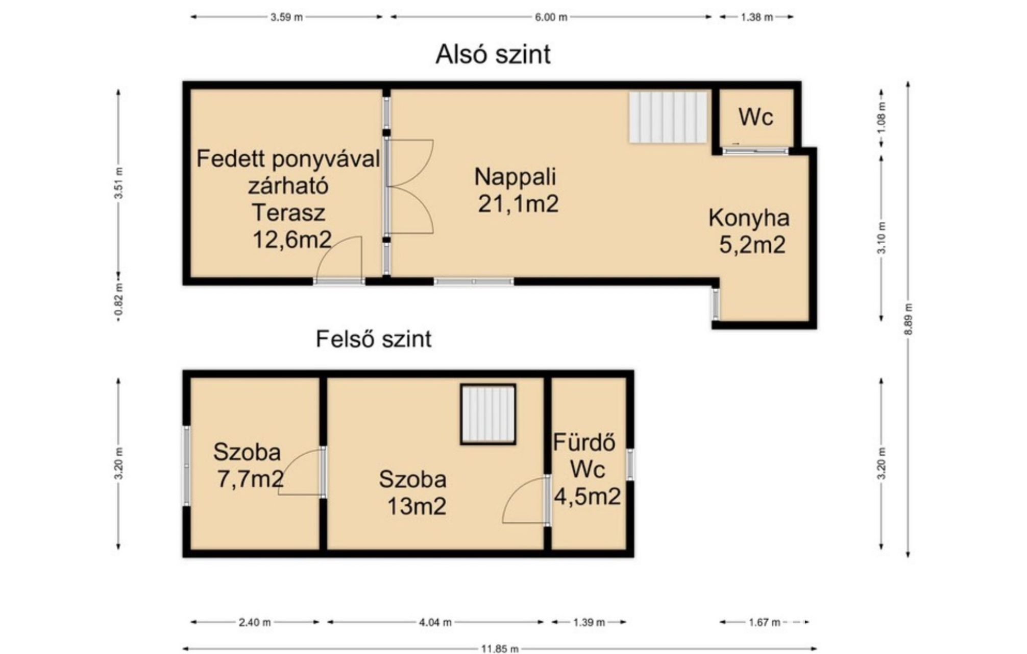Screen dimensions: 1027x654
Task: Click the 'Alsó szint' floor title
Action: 493,54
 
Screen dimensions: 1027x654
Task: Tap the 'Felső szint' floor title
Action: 374,339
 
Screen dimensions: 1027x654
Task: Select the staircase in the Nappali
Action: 668,117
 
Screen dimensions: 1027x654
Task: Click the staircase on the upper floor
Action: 488,414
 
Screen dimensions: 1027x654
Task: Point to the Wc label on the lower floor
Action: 755,117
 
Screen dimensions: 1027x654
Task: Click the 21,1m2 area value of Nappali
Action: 518,204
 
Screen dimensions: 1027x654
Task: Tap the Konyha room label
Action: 749,218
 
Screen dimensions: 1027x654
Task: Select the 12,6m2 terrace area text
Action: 292,239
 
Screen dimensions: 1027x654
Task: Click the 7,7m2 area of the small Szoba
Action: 251,479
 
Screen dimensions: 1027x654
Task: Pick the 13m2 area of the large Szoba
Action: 417,506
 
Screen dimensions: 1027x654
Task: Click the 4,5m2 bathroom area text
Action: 588,496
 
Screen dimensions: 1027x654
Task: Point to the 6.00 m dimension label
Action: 551,17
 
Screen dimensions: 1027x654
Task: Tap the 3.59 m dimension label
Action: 286,17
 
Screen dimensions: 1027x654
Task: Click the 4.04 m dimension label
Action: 435,622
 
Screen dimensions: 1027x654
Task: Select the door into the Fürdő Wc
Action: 526,500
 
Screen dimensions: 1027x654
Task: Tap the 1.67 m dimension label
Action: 764,622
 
